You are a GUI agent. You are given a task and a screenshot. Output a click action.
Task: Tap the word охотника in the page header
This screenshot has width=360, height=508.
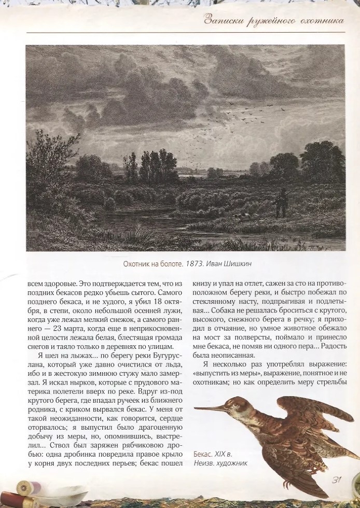coord(322,21)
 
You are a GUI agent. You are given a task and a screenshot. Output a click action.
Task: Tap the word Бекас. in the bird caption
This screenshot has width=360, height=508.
coord(203,453)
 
